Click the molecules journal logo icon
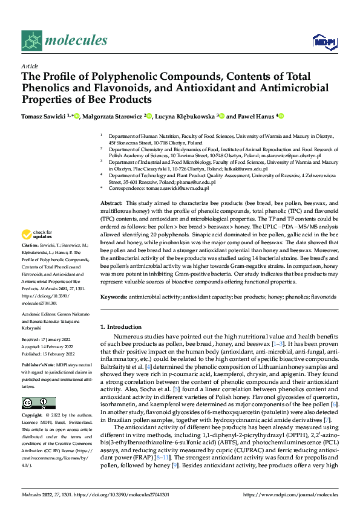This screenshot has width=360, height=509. tap(31, 41)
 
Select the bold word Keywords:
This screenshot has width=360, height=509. tap(113, 297)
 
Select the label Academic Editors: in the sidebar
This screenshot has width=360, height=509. tap(38, 316)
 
